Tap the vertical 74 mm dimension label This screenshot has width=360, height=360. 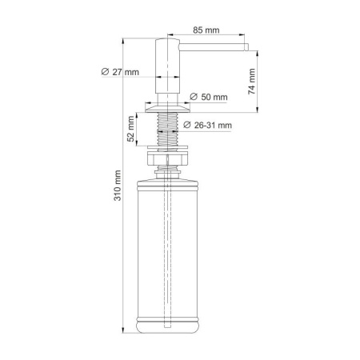click(x=251, y=81)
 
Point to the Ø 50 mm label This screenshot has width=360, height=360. click(x=210, y=98)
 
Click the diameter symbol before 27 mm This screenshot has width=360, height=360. click(x=106, y=72)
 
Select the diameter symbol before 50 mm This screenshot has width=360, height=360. click(x=194, y=98)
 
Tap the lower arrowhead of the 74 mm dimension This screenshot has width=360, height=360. click(x=258, y=110)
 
